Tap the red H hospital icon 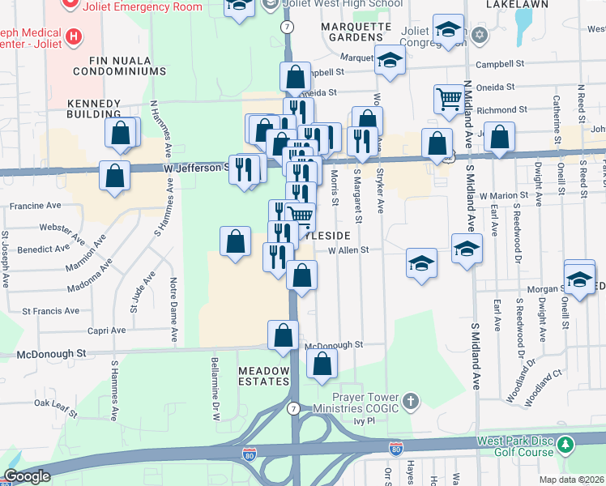[x=75, y=36]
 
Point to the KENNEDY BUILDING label [x=93, y=110]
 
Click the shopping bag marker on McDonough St [x=283, y=335]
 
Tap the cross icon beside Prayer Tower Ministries [x=412, y=402]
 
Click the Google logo [x=26, y=476]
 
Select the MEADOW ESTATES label [x=263, y=375]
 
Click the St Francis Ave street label [x=50, y=310]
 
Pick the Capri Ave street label [x=108, y=330]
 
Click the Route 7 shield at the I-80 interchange [x=292, y=408]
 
